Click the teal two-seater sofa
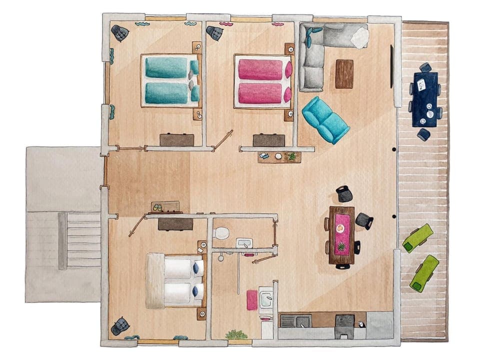tap(325, 119)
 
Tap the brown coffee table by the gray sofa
tap(344, 73)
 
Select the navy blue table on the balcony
tap(425, 99)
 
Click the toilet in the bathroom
tap(220, 233)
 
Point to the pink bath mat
tap(252, 300)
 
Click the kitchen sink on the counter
tap(289, 320)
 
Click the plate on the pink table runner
tap(340, 228)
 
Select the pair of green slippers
tap(157, 206)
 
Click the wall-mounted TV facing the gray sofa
tap(391, 66)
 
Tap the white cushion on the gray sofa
tap(359, 38)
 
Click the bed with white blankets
tap(175, 281)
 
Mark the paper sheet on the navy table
tap(421, 83)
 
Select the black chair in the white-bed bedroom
tap(120, 326)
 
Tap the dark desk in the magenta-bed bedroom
tap(268, 140)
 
